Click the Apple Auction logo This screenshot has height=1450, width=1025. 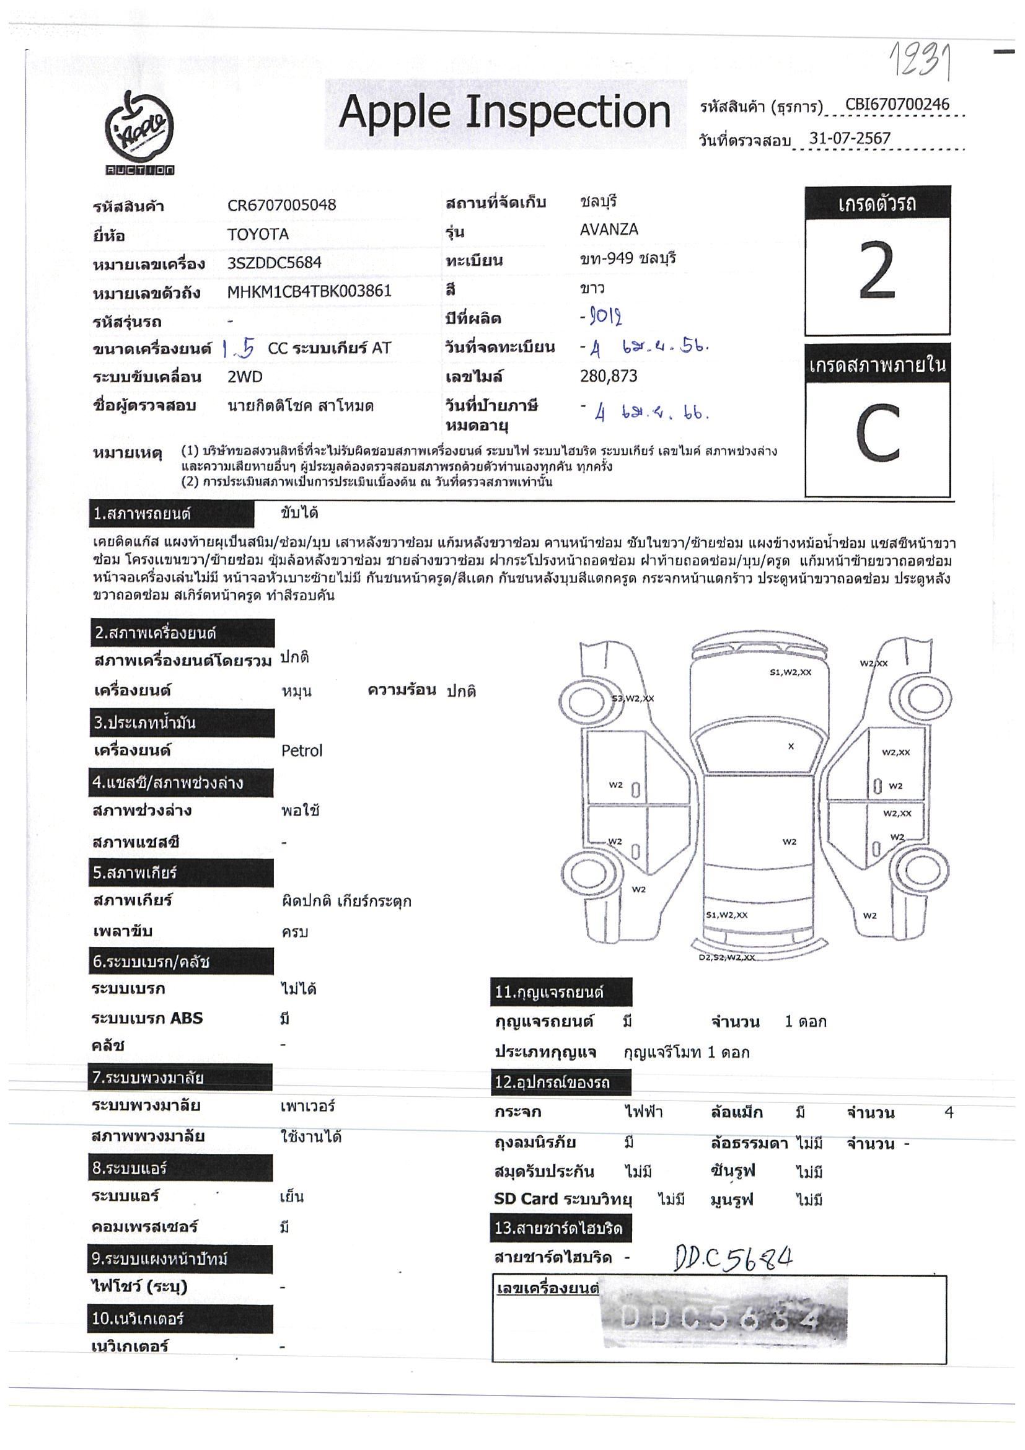(139, 133)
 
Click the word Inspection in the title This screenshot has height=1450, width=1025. (568, 113)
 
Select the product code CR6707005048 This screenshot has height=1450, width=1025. (282, 205)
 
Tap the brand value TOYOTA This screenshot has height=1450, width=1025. (258, 234)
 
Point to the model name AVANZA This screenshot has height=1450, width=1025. (609, 229)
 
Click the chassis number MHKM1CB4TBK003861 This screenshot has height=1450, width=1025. (309, 291)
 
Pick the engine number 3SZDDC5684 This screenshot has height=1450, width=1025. (274, 263)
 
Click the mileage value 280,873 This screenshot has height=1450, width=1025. (608, 376)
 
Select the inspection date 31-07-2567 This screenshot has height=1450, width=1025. (850, 138)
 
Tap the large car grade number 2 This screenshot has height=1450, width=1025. (877, 271)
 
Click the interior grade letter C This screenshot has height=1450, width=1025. (878, 433)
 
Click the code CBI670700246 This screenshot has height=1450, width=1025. (897, 105)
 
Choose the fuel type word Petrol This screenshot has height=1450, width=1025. (301, 751)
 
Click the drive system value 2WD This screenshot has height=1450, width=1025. (244, 377)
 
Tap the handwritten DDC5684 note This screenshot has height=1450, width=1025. (733, 1258)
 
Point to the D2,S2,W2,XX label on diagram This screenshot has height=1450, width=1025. (726, 957)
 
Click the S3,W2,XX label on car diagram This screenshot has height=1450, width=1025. (632, 698)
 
